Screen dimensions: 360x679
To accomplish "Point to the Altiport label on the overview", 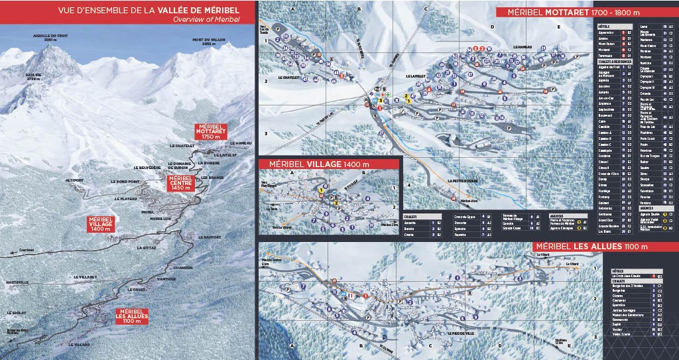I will pyautogui.click(x=56, y=179).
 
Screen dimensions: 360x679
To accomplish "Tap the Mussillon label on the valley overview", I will pyautogui.click(x=161, y=218).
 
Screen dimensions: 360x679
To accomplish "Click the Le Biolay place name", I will pyautogui.click(x=17, y=312).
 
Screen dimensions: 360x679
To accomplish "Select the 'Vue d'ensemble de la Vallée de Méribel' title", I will pyautogui.click(x=127, y=11).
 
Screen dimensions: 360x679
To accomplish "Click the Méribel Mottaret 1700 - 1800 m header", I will pyautogui.click(x=572, y=12).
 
